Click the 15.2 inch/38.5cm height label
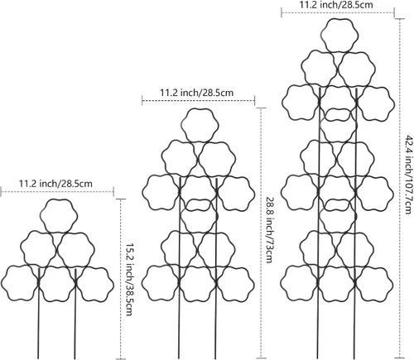[x=128, y=280]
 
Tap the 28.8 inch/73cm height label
[x=269, y=229]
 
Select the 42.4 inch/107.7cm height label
[x=408, y=175]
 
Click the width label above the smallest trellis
[x=55, y=184]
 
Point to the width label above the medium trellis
[x=197, y=93]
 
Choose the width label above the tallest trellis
[x=336, y=5]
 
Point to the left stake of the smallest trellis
[x=39, y=314]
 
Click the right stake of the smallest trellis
[x=75, y=314]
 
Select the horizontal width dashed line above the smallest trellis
[x=57, y=191]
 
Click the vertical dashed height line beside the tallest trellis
[x=400, y=188]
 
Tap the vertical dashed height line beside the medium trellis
[x=261, y=233]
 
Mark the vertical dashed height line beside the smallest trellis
[x=121, y=279]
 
